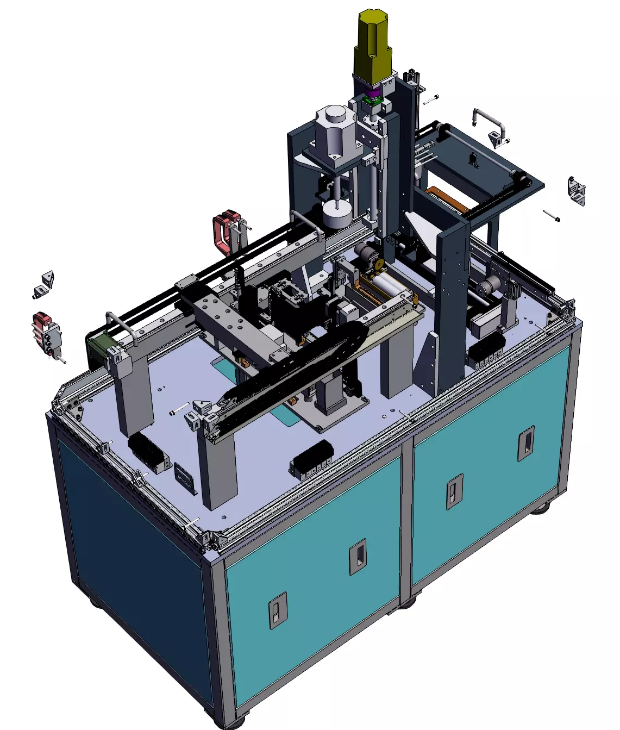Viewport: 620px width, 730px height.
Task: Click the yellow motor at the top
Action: coord(373,46)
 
